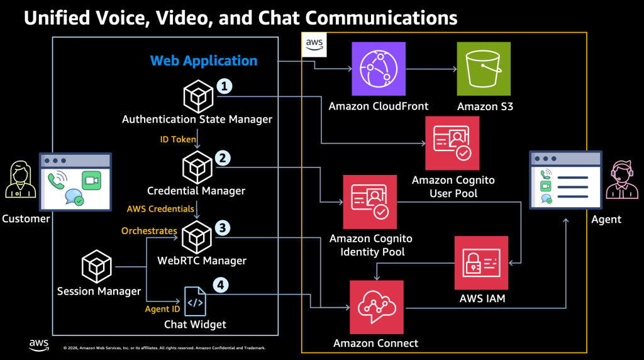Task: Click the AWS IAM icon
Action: pos(482,262)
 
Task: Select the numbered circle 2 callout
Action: pos(221,158)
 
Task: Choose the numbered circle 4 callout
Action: pos(220,285)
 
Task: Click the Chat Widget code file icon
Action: pos(195,301)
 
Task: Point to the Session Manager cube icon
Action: pos(97,266)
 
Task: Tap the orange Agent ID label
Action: pos(162,309)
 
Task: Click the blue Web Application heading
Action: pos(204,61)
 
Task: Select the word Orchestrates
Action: pos(149,231)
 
